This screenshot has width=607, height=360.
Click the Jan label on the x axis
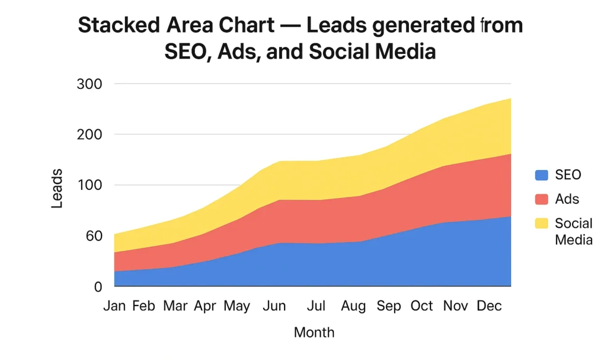tap(114, 306)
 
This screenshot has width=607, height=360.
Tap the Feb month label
tap(143, 306)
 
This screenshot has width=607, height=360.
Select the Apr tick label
tap(205, 306)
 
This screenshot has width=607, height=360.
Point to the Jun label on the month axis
tap(274, 306)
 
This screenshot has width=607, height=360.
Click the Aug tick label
tap(354, 306)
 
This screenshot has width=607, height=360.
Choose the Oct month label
tap(422, 306)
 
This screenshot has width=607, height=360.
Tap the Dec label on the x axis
tap(490, 306)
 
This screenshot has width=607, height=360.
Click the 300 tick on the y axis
tap(90, 84)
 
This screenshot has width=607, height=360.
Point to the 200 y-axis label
tap(90, 135)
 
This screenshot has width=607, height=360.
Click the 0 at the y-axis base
tap(99, 287)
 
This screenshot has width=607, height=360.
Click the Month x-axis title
tap(314, 332)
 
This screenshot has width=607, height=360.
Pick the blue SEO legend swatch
tap(542, 175)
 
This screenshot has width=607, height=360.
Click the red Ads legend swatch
tap(542, 199)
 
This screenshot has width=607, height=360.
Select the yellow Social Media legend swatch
tap(542, 224)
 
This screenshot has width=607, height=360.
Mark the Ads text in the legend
tap(567, 199)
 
